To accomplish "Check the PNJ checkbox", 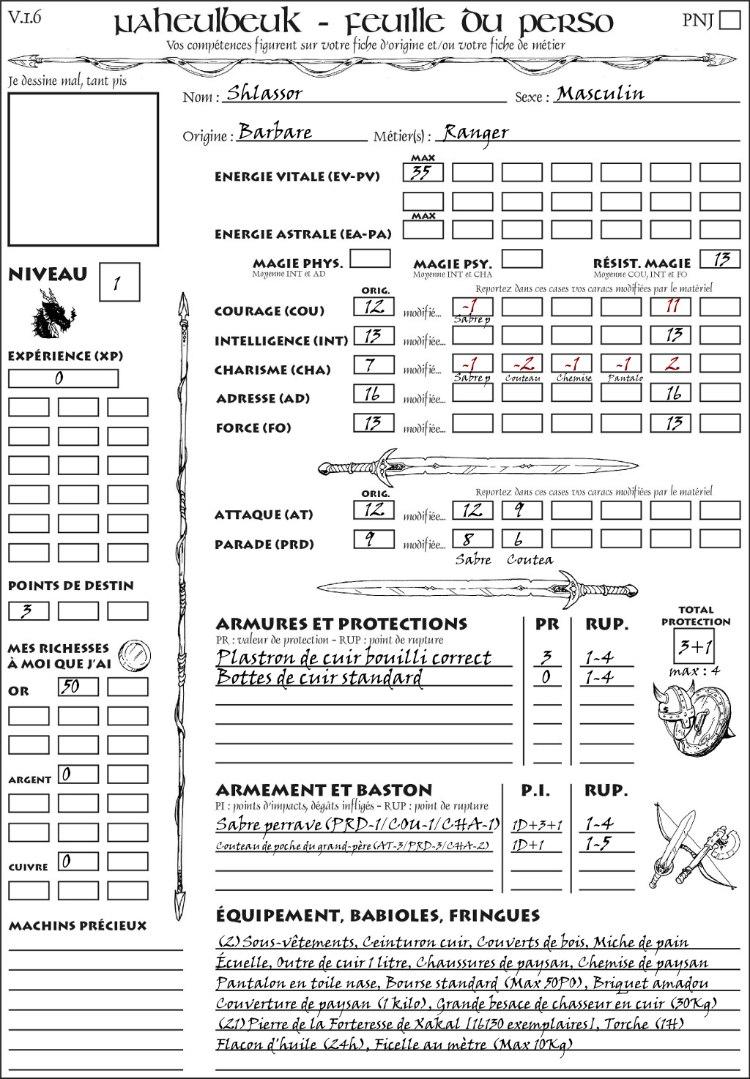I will [x=730, y=20].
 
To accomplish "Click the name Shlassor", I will [x=264, y=93].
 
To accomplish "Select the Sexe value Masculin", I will [x=600, y=94].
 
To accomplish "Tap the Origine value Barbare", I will [x=275, y=132].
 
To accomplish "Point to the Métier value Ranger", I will [x=476, y=132].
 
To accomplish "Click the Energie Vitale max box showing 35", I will [x=423, y=173].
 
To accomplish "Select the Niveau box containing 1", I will [x=119, y=283].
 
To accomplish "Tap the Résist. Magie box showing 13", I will [x=720, y=259].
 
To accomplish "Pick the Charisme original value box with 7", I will [x=374, y=365].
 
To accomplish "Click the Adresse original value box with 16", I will [x=374, y=394].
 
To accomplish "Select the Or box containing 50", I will [x=78, y=687].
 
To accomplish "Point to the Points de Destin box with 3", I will [x=29, y=611].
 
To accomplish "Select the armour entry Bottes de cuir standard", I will [x=319, y=678].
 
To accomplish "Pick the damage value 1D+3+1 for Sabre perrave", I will [x=537, y=825].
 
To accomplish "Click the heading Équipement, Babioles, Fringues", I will [x=377, y=916].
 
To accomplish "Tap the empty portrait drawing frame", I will [x=83, y=169].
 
